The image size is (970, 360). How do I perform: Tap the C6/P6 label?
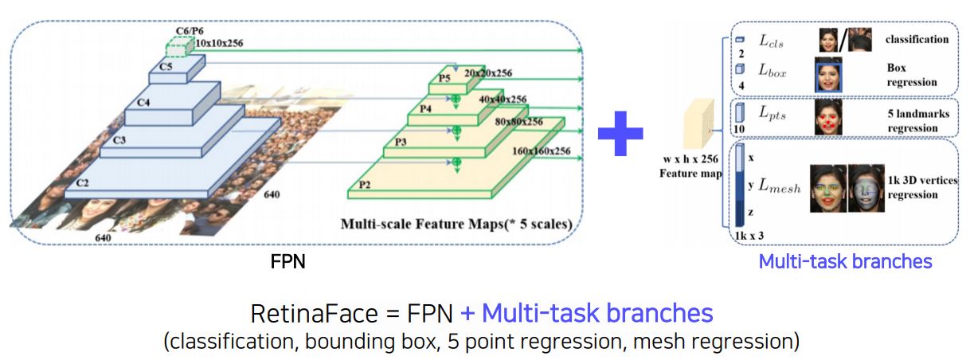188,30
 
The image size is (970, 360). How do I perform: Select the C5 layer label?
166,67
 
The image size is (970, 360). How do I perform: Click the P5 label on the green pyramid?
444,78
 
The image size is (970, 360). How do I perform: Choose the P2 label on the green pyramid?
365,184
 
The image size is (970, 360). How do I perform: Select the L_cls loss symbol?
771,40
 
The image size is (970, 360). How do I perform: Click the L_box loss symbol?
772,72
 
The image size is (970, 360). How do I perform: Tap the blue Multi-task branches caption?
844,261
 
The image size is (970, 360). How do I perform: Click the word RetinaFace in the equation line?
298,312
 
